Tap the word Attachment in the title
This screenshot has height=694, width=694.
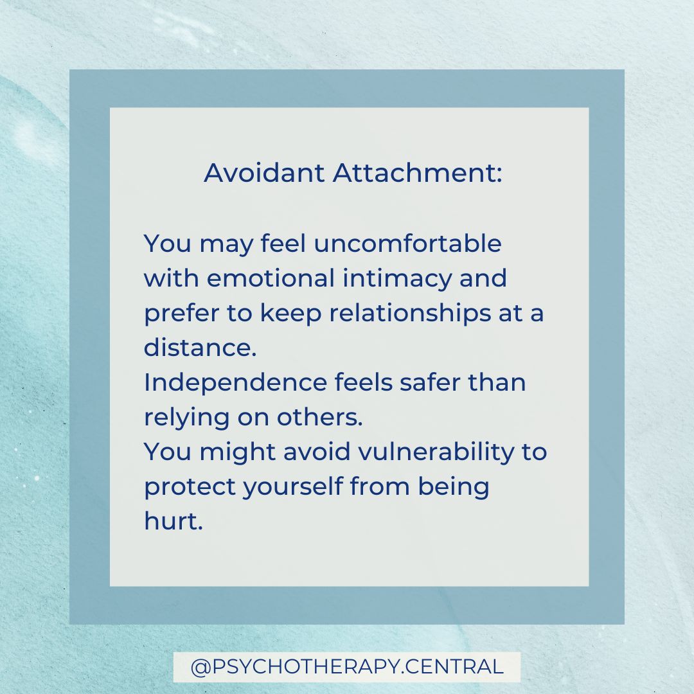point(417,173)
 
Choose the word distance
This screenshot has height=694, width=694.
point(199,348)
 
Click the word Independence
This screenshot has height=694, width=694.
point(235,383)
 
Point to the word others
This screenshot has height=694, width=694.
point(319,418)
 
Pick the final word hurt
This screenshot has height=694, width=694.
point(173,521)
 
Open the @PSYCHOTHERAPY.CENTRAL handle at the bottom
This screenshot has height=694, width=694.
point(347,666)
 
